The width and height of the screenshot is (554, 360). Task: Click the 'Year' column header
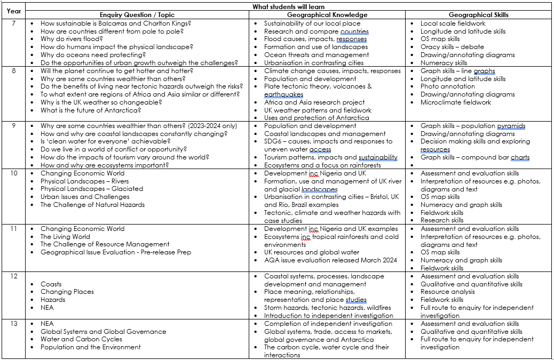point(14,11)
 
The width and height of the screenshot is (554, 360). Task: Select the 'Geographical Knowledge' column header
point(327,15)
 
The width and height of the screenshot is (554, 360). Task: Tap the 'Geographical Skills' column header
point(479,15)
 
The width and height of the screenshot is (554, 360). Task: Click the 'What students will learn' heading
point(289,7)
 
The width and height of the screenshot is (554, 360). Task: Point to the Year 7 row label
point(14,23)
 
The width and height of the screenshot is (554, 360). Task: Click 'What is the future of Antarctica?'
point(91,110)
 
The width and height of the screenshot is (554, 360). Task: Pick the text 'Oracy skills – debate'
point(452,47)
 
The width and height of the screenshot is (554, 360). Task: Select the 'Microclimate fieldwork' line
point(456,102)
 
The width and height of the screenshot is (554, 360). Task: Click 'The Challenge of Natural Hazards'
point(92,205)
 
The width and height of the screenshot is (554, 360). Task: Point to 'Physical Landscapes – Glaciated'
point(92,189)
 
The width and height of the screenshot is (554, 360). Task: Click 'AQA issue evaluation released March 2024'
point(330,260)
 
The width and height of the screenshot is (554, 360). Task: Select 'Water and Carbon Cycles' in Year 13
point(81,339)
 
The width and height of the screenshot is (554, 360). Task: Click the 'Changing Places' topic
point(67,292)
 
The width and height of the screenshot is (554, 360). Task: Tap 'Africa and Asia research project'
point(314,102)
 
